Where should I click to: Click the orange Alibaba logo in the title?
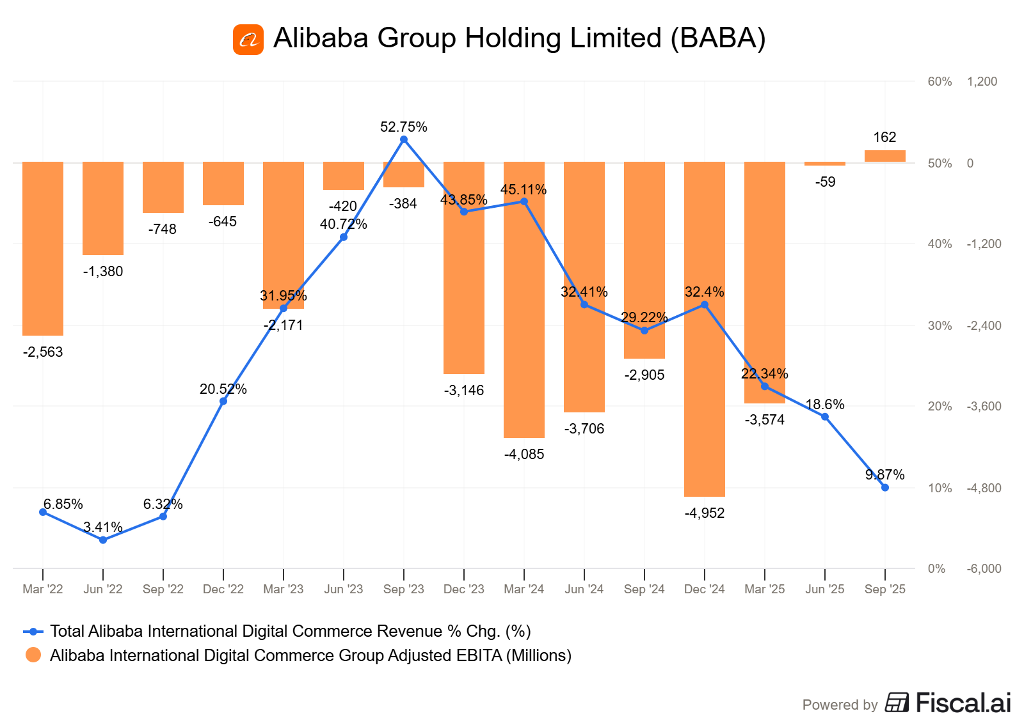248,40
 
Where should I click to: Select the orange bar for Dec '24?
704,329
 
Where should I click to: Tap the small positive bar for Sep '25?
884,156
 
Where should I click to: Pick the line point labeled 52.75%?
404,139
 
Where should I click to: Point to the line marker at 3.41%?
103,540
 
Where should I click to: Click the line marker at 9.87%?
885,487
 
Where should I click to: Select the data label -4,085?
524,455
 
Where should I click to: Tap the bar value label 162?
884,137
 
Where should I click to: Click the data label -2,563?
43,352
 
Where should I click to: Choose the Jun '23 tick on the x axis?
344,589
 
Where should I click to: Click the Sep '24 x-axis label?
644,589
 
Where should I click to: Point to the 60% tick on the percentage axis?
940,82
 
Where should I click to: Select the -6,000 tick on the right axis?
984,569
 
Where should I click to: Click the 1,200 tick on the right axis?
982,82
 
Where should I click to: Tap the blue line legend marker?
33,632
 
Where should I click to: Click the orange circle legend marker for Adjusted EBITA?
33,655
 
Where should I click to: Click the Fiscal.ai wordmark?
963,703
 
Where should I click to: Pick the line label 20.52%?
223,389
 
